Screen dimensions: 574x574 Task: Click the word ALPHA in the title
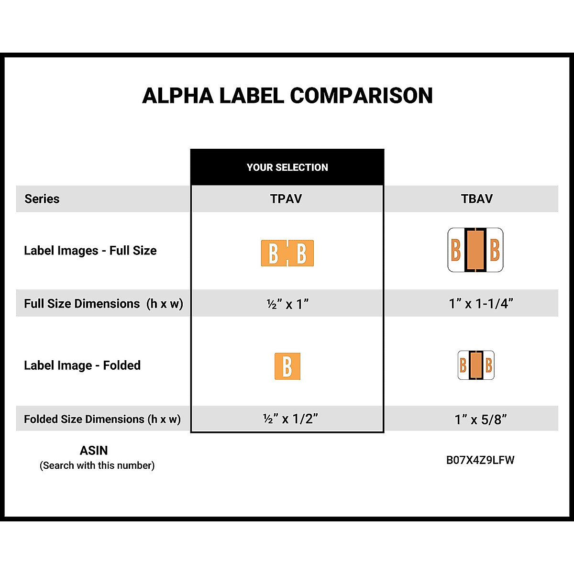tap(177, 96)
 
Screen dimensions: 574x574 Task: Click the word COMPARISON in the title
tap(361, 96)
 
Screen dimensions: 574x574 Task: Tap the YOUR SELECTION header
tap(287, 167)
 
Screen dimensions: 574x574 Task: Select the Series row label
tap(42, 199)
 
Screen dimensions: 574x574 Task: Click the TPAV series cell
tap(286, 199)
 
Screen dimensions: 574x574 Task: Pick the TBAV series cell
tap(476, 199)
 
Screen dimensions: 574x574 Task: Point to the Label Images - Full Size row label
tap(90, 251)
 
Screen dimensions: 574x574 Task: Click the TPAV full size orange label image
tap(287, 253)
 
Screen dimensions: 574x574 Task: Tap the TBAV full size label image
tap(475, 250)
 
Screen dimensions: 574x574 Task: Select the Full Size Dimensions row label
tap(103, 304)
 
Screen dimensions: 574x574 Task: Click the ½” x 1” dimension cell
tap(287, 304)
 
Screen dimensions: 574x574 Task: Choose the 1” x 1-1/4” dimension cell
tap(481, 304)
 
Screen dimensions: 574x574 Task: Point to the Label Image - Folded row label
tap(82, 365)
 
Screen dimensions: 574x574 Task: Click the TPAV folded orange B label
tap(287, 366)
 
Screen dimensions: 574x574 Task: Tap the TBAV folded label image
tap(476, 365)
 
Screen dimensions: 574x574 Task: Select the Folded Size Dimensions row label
tap(102, 419)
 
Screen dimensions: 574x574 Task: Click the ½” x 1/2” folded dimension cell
tap(290, 419)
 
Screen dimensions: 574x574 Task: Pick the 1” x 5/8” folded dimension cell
tap(481, 419)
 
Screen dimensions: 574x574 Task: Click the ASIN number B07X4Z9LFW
tap(480, 460)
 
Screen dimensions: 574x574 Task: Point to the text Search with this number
tap(97, 465)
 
